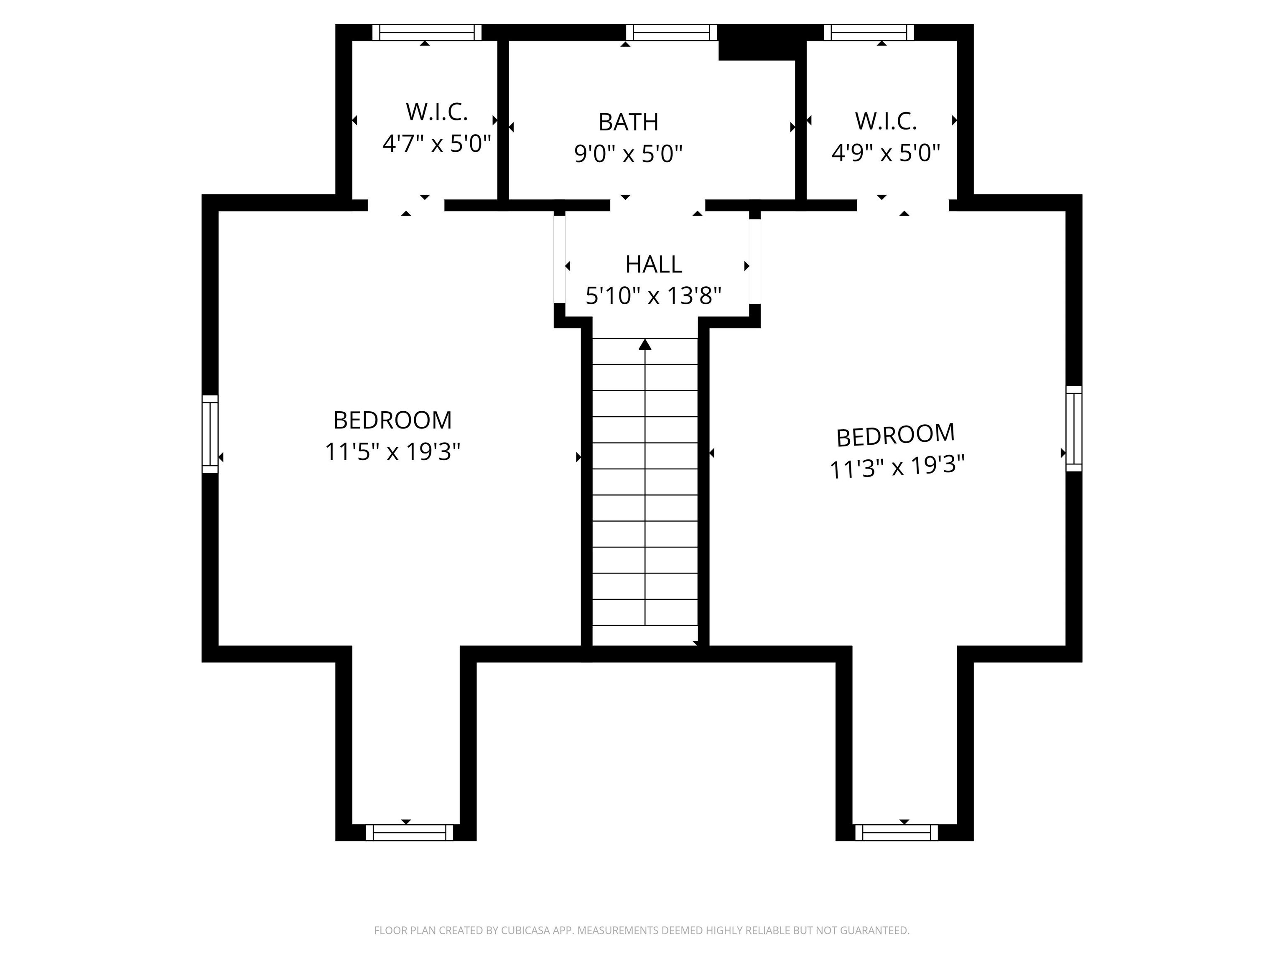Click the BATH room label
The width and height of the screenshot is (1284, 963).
point(628,122)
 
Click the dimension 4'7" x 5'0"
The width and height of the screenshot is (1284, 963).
point(436,143)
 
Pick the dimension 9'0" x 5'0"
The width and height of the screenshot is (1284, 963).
point(628,154)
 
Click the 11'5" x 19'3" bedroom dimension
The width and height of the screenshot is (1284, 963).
point(392,451)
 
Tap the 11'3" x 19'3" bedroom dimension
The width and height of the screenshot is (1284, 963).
point(897,467)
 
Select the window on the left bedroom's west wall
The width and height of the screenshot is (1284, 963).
point(210,434)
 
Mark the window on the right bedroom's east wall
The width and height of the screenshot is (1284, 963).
point(1074,428)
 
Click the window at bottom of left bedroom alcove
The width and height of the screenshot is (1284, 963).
point(409,833)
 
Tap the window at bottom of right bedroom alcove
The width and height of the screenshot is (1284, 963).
point(896,833)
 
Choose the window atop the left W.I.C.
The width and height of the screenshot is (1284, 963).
point(427,33)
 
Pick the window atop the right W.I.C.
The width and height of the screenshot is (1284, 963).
point(869,33)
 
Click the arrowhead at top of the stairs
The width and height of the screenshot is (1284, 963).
point(645,345)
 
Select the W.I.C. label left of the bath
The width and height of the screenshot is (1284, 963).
point(436,112)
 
